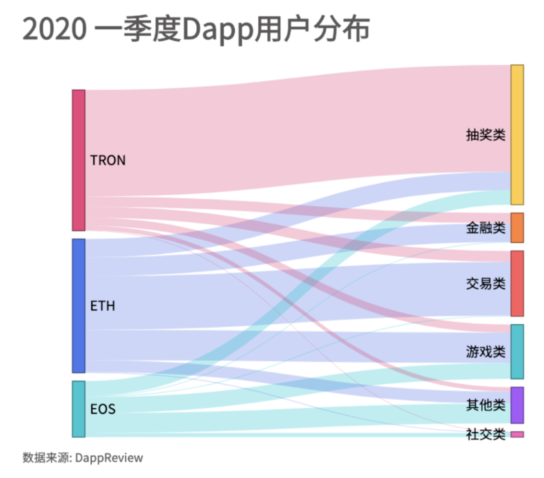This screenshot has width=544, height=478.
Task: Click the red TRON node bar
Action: pos(79,160)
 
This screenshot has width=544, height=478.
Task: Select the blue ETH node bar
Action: pos(79,306)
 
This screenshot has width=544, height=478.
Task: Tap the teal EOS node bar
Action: pos(79,409)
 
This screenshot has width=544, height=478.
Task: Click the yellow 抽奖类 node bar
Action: pos(517,134)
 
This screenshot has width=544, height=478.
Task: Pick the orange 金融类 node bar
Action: pos(517,227)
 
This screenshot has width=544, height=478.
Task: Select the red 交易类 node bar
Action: pos(517,283)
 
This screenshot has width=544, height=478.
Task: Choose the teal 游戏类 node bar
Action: pos(517,351)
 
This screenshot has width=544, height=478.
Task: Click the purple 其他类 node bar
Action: pos(517,405)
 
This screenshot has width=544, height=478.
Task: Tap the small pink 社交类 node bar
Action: pos(517,434)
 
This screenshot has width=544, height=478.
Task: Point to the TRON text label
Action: pos(108,160)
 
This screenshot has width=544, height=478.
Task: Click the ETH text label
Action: pos(102,306)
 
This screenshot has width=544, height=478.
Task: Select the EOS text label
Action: pos(103,409)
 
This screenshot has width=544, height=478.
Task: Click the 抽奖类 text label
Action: pos(485,135)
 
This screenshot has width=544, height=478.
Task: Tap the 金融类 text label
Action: pos(485,227)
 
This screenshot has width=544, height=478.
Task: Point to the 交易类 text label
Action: pos(485,284)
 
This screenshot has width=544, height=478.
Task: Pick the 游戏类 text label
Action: pos(485,352)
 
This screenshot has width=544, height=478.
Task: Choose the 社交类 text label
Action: pos(485,434)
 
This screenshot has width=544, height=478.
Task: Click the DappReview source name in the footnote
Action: pos(109,458)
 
